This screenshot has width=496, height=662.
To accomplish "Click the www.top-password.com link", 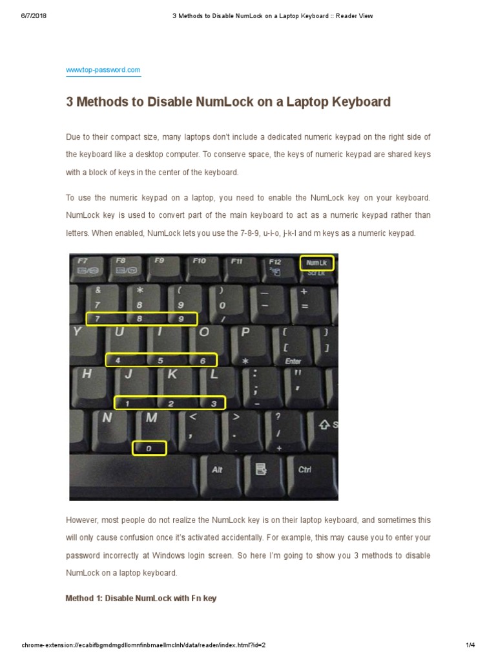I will (103, 70).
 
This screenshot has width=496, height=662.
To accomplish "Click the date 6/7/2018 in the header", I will (34, 16).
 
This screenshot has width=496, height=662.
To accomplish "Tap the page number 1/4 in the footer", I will (470, 645).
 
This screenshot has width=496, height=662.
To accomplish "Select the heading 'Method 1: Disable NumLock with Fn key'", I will (141, 599).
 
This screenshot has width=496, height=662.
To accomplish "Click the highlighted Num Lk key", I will (317, 263).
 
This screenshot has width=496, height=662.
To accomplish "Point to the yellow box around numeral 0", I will (149, 448).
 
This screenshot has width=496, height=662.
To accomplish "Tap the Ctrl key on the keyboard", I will (305, 470).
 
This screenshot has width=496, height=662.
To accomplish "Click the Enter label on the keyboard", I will (293, 361).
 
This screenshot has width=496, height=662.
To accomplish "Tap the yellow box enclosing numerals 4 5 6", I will (161, 360).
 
